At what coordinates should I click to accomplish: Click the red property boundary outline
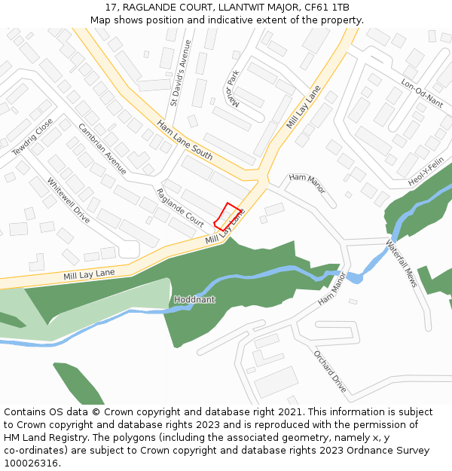pyautogui.click(x=228, y=216)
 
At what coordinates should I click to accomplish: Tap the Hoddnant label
pyautogui.click(x=194, y=300)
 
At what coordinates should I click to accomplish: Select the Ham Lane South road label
pyautogui.click(x=185, y=140)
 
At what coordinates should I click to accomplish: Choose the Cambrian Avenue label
pyautogui.click(x=102, y=148)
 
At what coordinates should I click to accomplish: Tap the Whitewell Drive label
pyautogui.click(x=69, y=201)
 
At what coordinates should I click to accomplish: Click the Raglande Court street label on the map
pyautogui.click(x=180, y=208)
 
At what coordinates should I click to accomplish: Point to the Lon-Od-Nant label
pyautogui.click(x=422, y=94)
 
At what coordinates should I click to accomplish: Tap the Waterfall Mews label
pyautogui.click(x=402, y=265)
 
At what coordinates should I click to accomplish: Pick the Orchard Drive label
pyautogui.click(x=330, y=372)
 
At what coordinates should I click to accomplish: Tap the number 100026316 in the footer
pyautogui.click(x=32, y=463)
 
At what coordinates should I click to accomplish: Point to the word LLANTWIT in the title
pyautogui.click(x=242, y=7)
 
